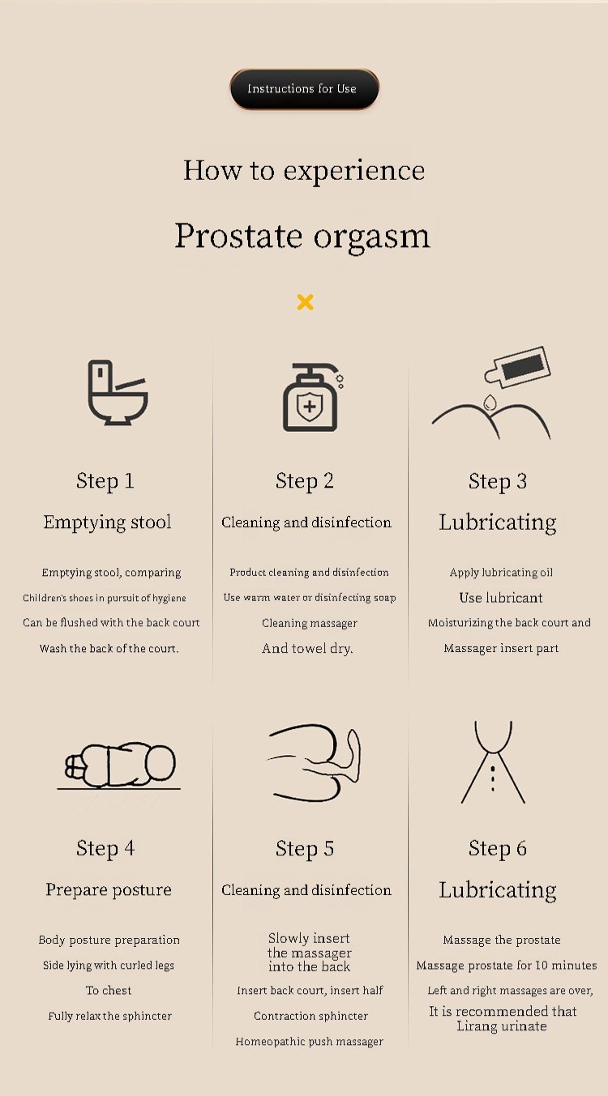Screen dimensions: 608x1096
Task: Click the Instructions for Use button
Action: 305,88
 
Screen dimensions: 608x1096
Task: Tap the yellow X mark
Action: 305,302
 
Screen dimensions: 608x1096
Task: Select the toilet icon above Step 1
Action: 118,392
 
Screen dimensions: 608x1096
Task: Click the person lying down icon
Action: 120,765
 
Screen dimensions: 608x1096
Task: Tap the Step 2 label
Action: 305,481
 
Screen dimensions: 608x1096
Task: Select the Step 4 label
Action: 105,848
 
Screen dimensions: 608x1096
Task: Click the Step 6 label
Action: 498,848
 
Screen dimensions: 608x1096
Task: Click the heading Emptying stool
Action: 107,522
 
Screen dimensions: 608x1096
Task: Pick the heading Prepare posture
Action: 109,890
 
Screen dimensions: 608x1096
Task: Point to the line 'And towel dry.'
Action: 307,648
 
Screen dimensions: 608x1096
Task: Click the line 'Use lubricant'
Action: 501,598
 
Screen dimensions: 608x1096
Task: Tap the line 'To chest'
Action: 109,991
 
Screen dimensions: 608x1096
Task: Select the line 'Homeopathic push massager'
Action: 310,1041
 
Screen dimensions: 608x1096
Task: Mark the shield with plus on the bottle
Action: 310,407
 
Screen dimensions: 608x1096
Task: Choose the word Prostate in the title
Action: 239,236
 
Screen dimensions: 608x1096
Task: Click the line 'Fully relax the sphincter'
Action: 109,1016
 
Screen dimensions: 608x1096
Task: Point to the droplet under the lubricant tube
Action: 490,403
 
